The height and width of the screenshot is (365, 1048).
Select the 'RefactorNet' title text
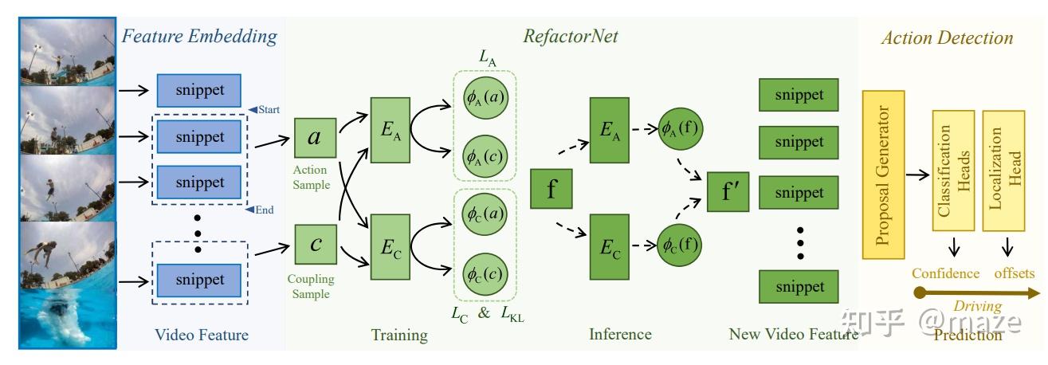pos(570,36)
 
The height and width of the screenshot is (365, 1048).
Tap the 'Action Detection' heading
pos(947,37)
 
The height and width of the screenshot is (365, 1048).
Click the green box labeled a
pos(314,138)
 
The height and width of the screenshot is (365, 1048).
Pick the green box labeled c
pos(315,244)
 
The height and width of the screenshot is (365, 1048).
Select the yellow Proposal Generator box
pos(884,175)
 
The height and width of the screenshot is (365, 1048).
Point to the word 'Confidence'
pos(945,273)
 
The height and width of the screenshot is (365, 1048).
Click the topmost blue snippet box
pos(200,89)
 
